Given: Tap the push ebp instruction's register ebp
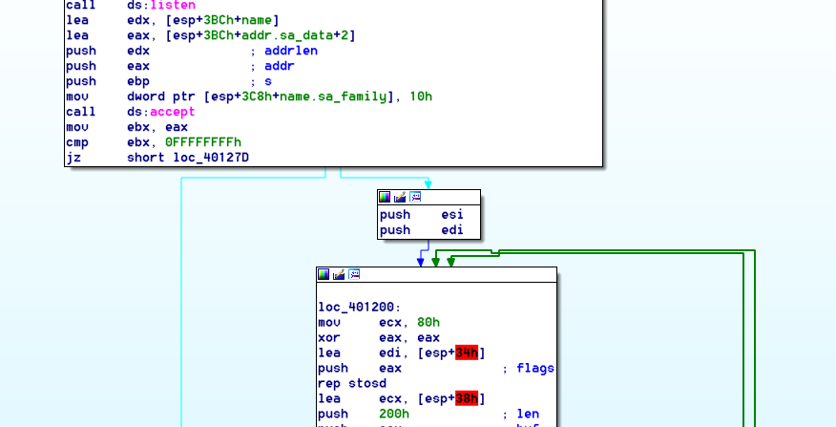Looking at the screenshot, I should click(138, 81).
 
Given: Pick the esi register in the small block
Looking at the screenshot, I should click(452, 215).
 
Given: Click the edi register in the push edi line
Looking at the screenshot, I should click(452, 230).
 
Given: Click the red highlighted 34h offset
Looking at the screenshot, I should click(467, 353).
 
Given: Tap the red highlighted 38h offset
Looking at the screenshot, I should click(467, 398).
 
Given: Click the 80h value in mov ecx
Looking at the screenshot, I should click(428, 323).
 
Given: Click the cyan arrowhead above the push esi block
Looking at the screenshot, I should click(428, 182).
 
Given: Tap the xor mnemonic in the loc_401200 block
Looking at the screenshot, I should click(329, 338).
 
